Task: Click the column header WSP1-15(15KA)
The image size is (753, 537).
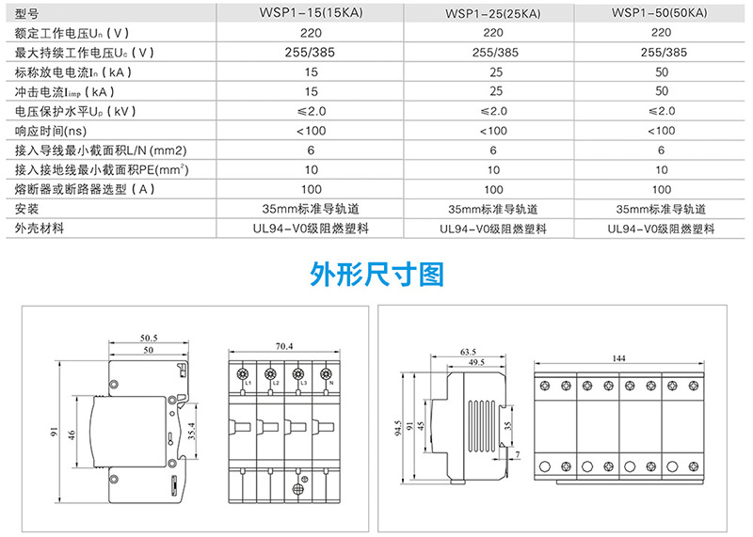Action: [311, 13]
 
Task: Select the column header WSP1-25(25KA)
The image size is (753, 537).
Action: [493, 14]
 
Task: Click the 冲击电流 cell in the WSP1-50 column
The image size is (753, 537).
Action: [662, 91]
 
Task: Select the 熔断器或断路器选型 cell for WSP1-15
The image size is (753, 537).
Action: [311, 189]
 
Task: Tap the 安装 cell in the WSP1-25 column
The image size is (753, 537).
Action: [493, 209]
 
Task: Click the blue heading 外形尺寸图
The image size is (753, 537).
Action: [376, 274]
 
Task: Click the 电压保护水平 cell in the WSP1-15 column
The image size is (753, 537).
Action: [311, 111]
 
